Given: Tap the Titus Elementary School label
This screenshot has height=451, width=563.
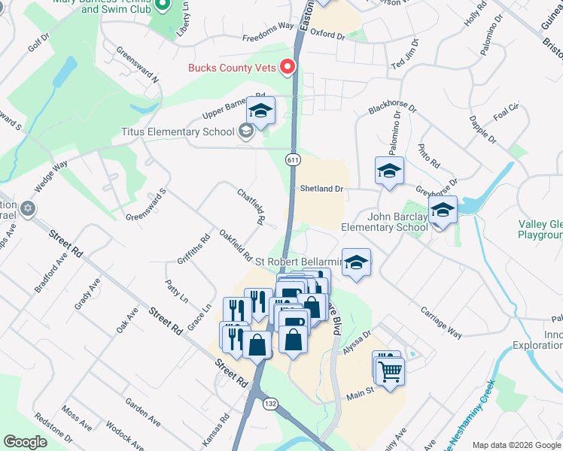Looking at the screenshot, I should pos(178,132).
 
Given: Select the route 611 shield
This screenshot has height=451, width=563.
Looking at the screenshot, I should pos(293,160).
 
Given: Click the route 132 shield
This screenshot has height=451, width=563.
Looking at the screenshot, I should pos(269,404).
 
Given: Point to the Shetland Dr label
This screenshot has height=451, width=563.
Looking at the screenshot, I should pos(321,189).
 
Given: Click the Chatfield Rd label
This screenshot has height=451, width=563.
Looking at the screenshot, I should pos(252,206).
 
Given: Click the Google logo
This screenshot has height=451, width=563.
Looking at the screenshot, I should pos(26,441).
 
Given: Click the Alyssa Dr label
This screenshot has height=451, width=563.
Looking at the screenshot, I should pos(358,337).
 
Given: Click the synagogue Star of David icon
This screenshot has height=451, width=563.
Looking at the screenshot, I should pos(28,208).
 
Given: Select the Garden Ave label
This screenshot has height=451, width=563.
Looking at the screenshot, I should pos(142,411).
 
